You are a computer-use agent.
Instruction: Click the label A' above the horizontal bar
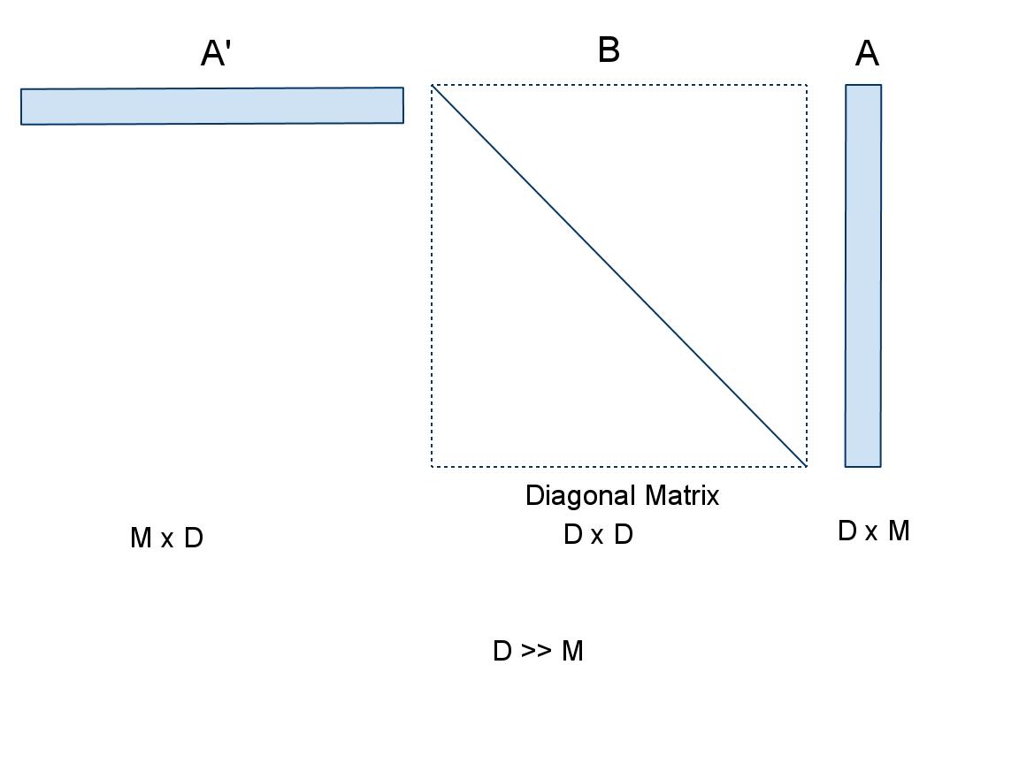[216, 54]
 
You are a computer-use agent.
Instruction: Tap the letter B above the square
[609, 50]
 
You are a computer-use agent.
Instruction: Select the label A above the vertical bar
[867, 54]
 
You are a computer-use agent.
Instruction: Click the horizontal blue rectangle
[212, 106]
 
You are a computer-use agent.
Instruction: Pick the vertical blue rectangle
[863, 275]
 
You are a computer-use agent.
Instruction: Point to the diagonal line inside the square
[619, 275]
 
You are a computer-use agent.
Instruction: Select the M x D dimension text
[166, 538]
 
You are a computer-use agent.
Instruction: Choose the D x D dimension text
[598, 535]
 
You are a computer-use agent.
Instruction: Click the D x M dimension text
[873, 531]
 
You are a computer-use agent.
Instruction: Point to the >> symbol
[537, 652]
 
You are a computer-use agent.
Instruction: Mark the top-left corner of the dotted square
[432, 85]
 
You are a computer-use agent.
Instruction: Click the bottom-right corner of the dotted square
[807, 465]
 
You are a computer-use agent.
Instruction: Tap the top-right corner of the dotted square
[807, 85]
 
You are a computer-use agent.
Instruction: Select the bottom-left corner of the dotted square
[432, 465]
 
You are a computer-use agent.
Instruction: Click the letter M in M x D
[141, 538]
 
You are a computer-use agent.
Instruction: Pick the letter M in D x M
[899, 531]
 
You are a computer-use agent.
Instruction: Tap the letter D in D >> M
[502, 652]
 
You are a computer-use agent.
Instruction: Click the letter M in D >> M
[572, 652]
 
